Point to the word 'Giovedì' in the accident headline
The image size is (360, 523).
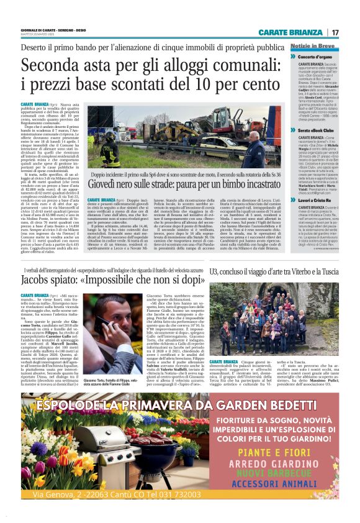pos(106,184)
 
